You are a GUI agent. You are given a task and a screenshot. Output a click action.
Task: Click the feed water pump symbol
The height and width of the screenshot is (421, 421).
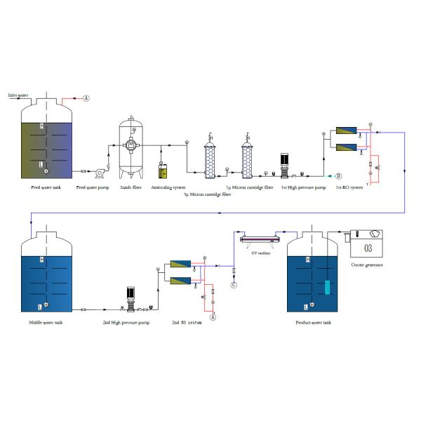pyautogui.click(x=100, y=171)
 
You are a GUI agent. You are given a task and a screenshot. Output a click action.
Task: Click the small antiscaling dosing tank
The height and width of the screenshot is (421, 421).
pyautogui.click(x=163, y=170)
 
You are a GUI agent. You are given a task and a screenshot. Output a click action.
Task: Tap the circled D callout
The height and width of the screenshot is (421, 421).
pyautogui.click(x=338, y=175)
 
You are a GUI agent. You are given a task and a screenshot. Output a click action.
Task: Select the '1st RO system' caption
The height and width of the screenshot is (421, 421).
pyautogui.click(x=348, y=187)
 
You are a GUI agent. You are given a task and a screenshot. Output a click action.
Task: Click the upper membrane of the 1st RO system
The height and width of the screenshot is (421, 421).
pyautogui.click(x=345, y=130)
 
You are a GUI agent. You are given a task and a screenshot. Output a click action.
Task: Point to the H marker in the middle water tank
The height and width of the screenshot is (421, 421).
pyautogui.click(x=42, y=260)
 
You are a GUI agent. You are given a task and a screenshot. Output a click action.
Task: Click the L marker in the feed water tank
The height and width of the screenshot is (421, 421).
pyautogui.click(x=42, y=163)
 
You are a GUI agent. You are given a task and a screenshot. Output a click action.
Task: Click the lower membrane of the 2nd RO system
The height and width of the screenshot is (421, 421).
pyautogui.click(x=180, y=281)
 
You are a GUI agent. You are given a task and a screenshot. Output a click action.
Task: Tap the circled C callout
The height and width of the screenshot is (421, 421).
pyautogui.click(x=234, y=284)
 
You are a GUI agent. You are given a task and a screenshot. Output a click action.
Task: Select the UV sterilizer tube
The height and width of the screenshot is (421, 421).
pyautogui.click(x=260, y=240)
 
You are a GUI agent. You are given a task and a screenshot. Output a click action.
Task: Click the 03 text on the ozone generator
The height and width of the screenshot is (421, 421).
pyautogui.click(x=368, y=248)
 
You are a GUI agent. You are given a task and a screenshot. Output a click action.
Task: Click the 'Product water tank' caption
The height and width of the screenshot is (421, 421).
pyautogui.click(x=315, y=322)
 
